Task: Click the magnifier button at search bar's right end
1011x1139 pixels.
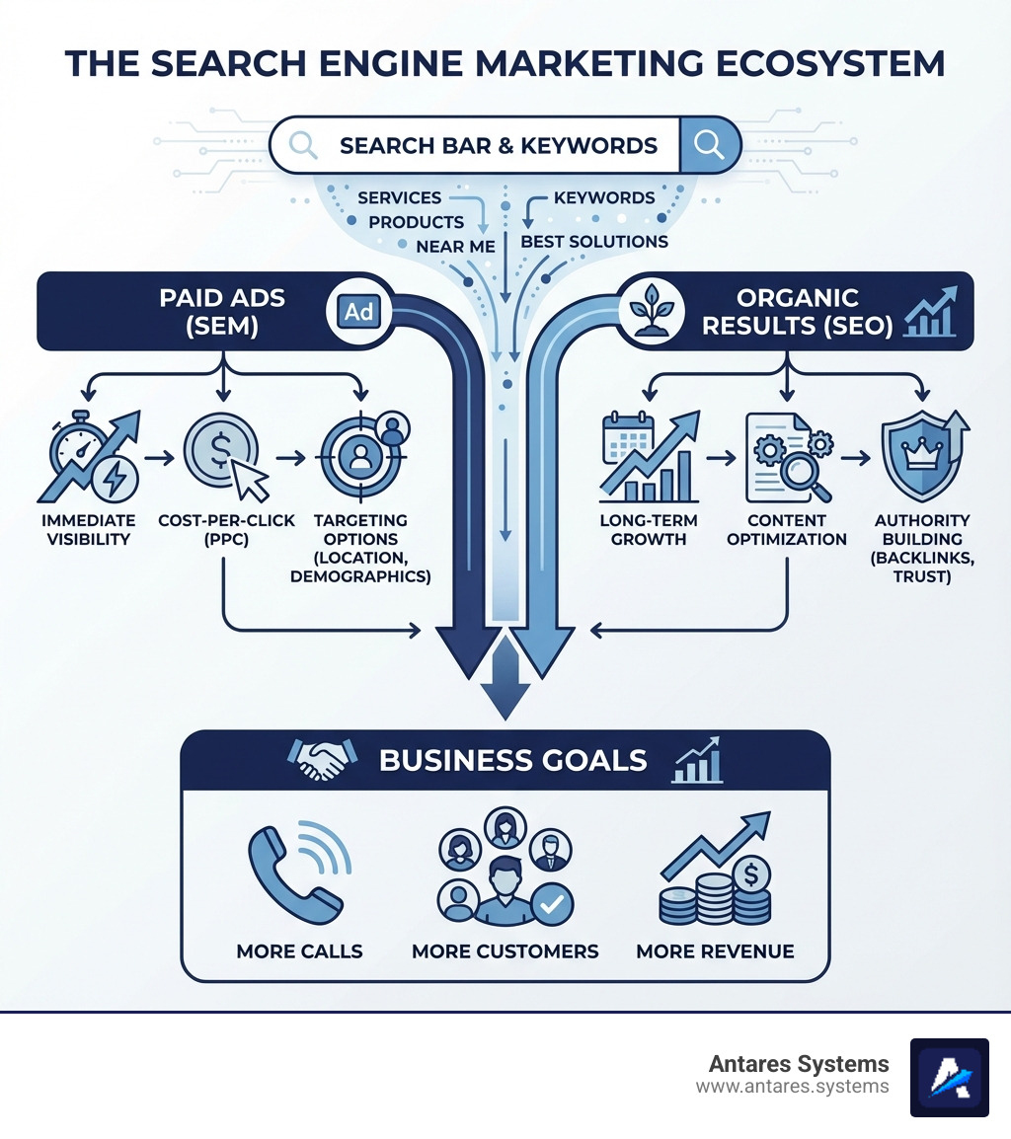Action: click(709, 145)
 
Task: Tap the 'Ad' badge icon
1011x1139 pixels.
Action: click(358, 312)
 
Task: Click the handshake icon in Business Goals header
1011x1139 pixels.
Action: click(321, 760)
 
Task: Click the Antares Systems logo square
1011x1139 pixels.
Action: click(949, 1077)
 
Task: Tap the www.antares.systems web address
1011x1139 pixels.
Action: click(792, 1087)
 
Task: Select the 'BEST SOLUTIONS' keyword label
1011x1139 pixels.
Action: click(594, 242)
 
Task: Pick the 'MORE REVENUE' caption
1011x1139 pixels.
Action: click(715, 951)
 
